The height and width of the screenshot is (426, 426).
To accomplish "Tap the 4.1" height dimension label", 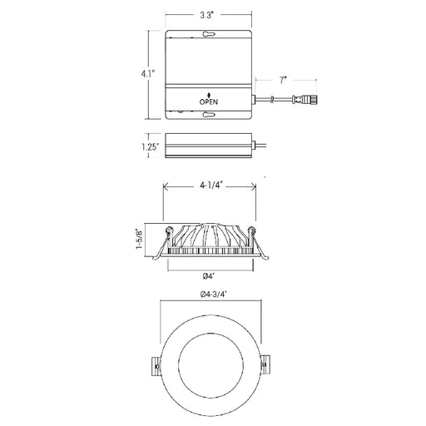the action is [x=147, y=74].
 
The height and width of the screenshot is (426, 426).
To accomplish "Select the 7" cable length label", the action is [x=283, y=81].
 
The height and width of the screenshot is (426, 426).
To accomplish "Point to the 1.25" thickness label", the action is [x=151, y=146].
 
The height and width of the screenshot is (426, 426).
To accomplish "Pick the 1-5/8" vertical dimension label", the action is [x=140, y=239].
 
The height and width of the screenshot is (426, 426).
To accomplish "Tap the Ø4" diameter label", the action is [x=209, y=276].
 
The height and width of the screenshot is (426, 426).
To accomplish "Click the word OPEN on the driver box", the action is [x=209, y=102].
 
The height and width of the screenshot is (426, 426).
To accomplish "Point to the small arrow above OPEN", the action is [x=209, y=95].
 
